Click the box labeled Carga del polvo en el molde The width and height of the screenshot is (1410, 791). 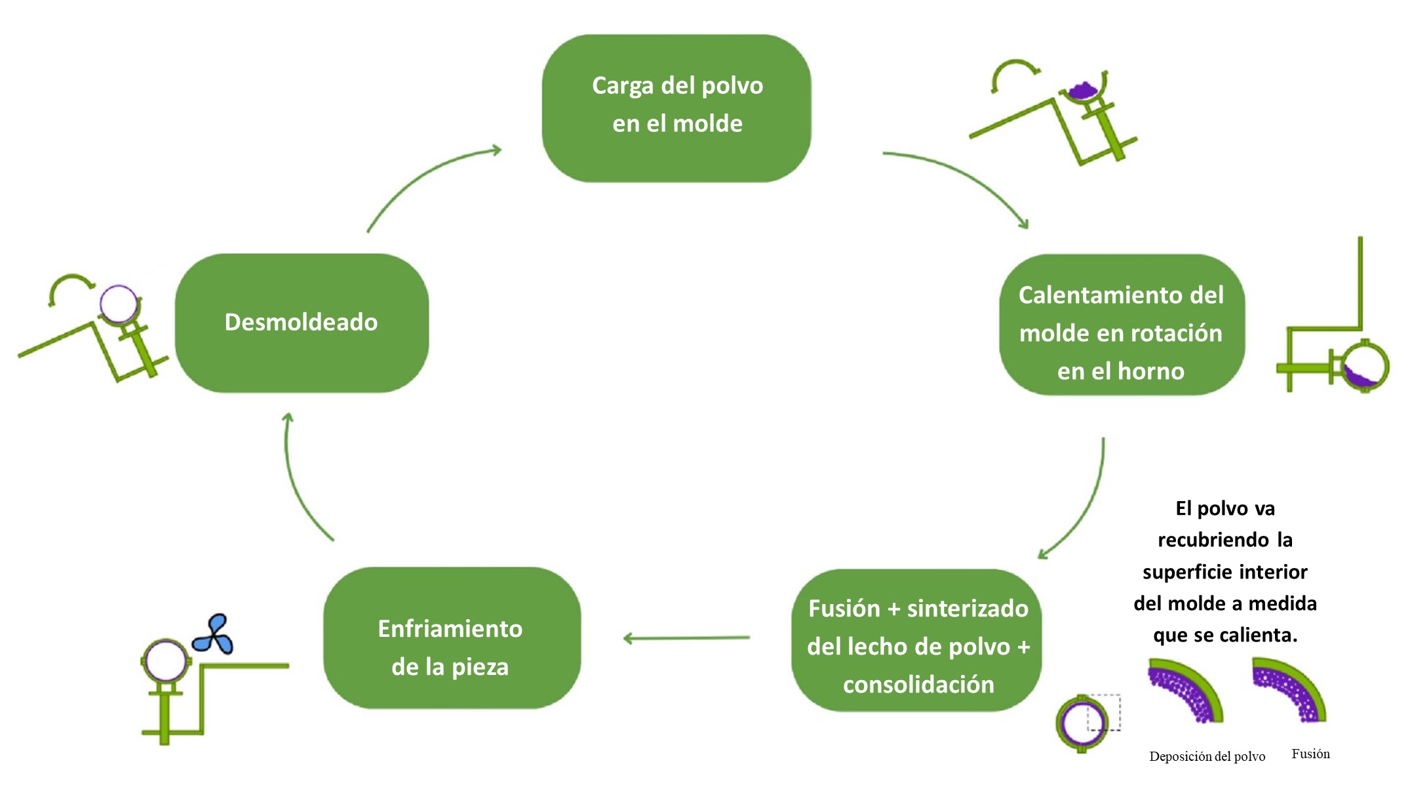tap(676, 108)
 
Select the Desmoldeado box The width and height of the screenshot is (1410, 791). tap(302, 323)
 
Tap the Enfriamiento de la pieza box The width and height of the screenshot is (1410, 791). tap(452, 638)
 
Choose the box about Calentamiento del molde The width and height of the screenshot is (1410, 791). tap(1121, 325)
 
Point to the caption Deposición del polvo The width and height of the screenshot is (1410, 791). tap(1207, 756)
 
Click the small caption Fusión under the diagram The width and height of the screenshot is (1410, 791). tap(1310, 754)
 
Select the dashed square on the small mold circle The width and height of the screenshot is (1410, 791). tap(1104, 712)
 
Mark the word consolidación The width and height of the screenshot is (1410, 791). tap(918, 685)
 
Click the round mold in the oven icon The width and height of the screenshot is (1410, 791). tap(1365, 366)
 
